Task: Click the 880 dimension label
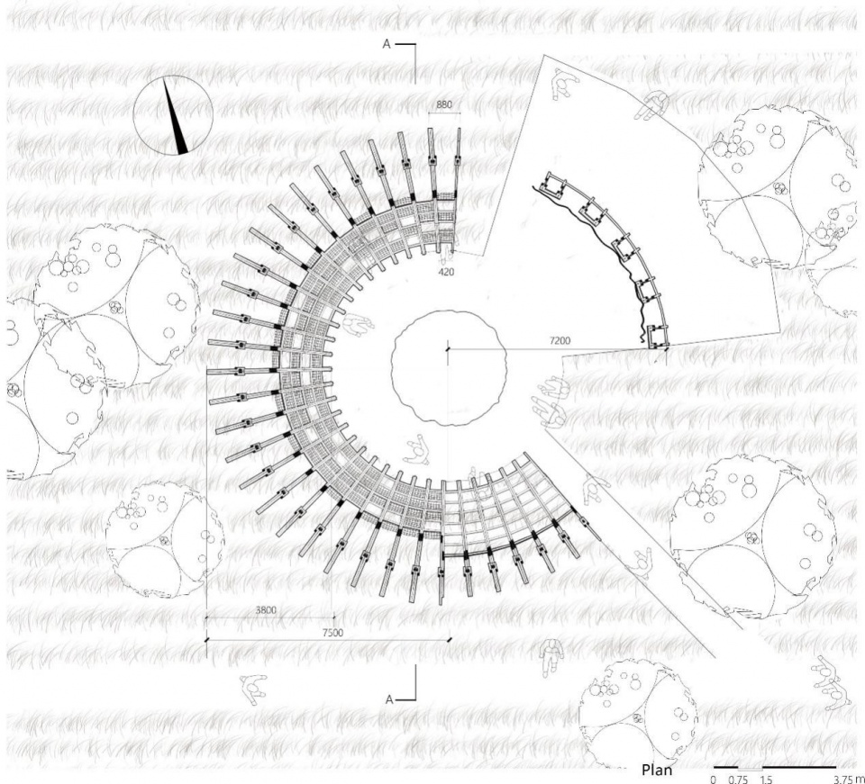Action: click(x=444, y=104)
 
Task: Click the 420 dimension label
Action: click(x=446, y=272)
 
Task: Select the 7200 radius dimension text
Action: click(x=560, y=341)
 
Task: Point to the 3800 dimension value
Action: click(x=266, y=610)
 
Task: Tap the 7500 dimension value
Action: click(x=332, y=633)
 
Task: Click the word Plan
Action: click(x=657, y=769)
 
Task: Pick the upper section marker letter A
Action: click(x=387, y=44)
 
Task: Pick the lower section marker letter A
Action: click(x=389, y=699)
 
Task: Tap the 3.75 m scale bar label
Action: click(x=849, y=779)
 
